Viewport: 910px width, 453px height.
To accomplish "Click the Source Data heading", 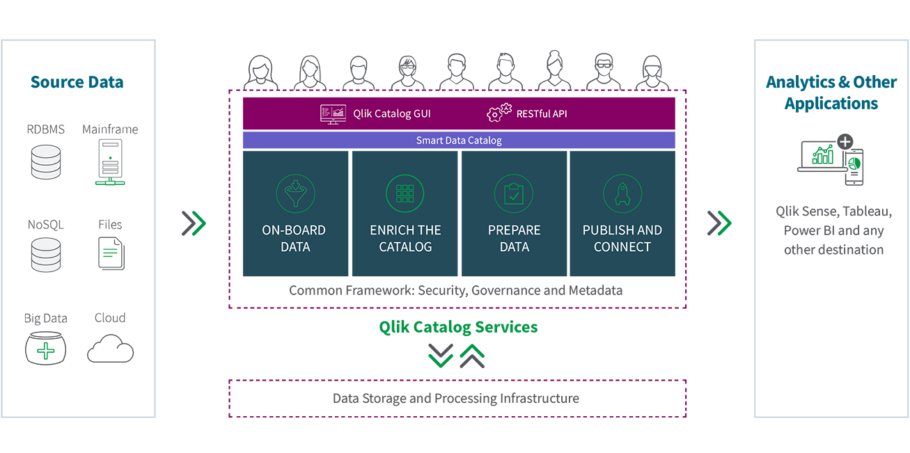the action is click(77, 82).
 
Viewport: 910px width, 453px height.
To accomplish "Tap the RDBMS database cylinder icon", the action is click(46, 162).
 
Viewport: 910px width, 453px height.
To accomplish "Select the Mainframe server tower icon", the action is click(110, 162).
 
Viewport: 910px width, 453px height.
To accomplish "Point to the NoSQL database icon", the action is click(46, 255).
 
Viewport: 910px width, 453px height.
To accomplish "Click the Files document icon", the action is click(111, 254).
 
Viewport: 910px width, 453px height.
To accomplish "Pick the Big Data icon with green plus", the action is click(45, 348).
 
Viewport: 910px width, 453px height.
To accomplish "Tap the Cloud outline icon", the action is click(110, 349).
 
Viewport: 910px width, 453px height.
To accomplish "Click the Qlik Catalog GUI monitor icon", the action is click(333, 114).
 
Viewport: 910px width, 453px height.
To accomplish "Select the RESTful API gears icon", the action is click(499, 113).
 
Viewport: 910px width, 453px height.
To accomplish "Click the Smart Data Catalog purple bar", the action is click(459, 140).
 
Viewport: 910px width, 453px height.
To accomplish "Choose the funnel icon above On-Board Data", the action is click(295, 193).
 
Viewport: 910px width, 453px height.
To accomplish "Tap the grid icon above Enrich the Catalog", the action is click(405, 193).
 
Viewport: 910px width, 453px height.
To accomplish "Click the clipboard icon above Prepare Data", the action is click(514, 193).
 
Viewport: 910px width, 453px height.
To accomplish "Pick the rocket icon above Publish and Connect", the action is click(622, 193).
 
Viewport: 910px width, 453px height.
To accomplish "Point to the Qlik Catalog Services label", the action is click(458, 327).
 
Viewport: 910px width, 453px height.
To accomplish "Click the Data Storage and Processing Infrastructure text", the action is click(456, 399).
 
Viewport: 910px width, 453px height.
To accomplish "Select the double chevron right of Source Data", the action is click(194, 223).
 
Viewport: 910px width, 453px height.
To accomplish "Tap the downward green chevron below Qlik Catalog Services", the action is click(441, 356).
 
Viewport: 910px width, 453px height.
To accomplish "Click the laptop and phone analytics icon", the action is click(831, 160).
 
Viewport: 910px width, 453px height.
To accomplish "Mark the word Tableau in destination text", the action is click(868, 212).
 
